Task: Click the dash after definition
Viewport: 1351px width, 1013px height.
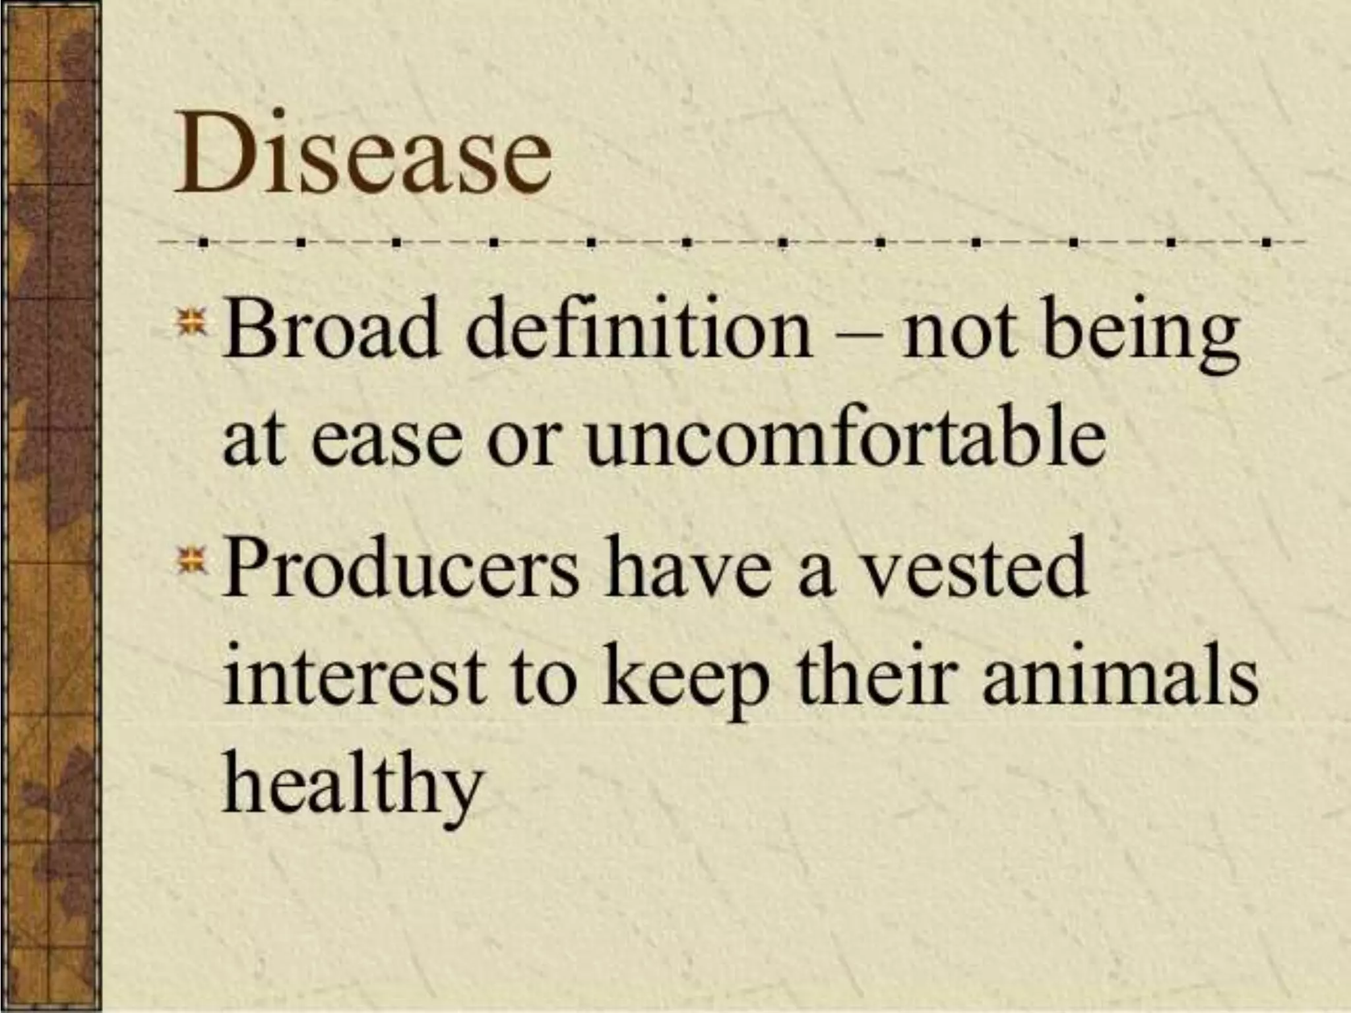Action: [x=856, y=336]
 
